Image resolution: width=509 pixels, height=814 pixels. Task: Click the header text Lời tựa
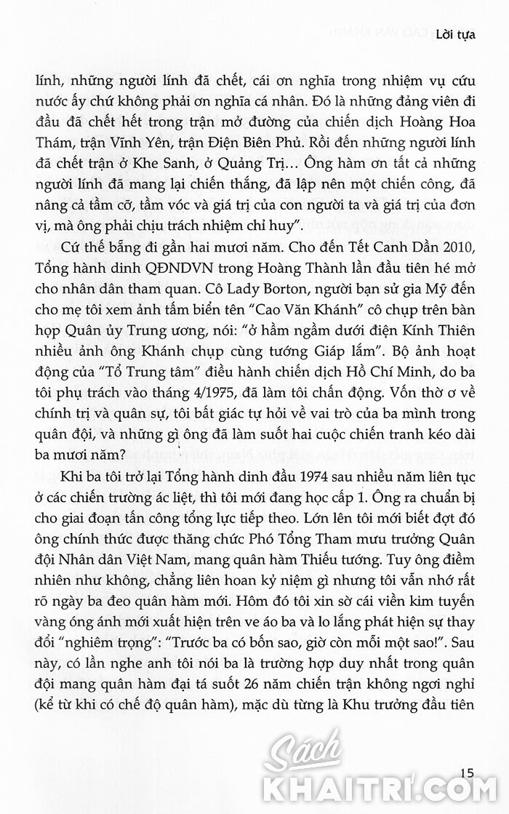(x=455, y=34)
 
